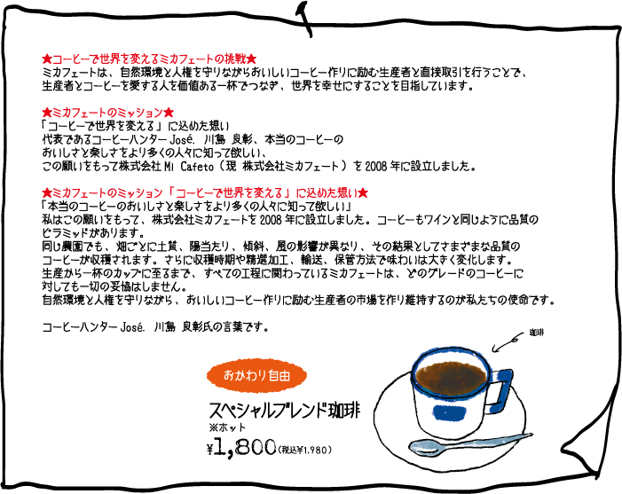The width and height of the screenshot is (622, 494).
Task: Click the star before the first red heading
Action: click(x=46, y=59)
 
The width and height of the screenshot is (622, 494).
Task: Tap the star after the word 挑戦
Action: click(x=251, y=59)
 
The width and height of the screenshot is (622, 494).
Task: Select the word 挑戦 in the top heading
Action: click(x=235, y=59)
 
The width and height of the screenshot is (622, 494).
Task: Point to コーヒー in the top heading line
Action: click(x=72, y=59)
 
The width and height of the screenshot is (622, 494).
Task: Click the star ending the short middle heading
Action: click(x=169, y=114)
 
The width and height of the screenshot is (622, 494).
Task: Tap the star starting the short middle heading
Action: click(x=46, y=114)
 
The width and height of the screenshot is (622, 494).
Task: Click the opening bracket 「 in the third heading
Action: click(x=171, y=192)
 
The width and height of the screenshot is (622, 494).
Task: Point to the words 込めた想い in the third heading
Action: click(x=335, y=192)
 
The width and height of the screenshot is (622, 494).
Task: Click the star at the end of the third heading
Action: click(x=363, y=192)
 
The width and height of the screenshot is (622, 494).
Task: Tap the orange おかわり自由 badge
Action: click(x=256, y=376)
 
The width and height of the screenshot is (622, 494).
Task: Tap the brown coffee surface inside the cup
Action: click(x=451, y=378)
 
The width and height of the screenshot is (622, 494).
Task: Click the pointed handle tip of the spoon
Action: click(x=529, y=435)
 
